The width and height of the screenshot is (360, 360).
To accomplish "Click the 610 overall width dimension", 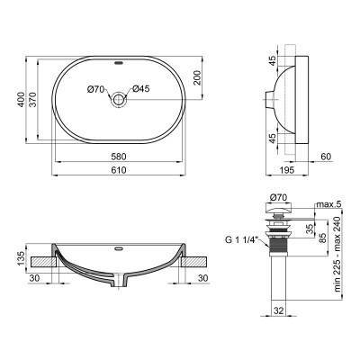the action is pos(119,170).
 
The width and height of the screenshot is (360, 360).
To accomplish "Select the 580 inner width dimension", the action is pos(119,157).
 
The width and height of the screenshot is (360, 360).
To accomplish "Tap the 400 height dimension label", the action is pos(21,99).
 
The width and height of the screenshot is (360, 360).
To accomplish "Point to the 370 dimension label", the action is pos(32,99).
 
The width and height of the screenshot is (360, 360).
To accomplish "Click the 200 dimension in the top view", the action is pos(197,78).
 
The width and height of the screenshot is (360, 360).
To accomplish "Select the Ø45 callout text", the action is pos(140,89).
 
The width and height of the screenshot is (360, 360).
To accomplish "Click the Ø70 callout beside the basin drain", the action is pos(95,89).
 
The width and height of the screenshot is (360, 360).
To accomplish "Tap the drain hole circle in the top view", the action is pos(119,99).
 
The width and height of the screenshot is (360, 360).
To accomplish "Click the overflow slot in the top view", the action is pos(119,63).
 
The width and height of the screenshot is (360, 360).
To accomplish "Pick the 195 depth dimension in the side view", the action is pos(286,170).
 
